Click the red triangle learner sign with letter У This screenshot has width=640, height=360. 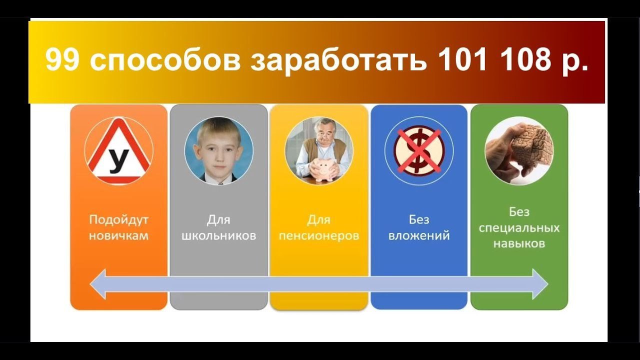(118, 150)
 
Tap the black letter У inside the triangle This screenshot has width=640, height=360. (118, 161)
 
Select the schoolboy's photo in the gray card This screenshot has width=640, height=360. (219, 150)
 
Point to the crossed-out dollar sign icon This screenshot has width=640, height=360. (419, 151)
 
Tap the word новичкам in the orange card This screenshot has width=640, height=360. (119, 236)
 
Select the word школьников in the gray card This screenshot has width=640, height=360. (219, 235)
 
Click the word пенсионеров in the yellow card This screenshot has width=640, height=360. (319, 236)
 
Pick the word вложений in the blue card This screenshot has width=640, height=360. (419, 235)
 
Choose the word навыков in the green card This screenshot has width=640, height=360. (519, 243)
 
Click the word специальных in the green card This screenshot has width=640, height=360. (519, 228)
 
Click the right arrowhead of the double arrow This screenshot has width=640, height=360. (540, 284)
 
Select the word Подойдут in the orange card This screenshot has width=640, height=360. (119, 220)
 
